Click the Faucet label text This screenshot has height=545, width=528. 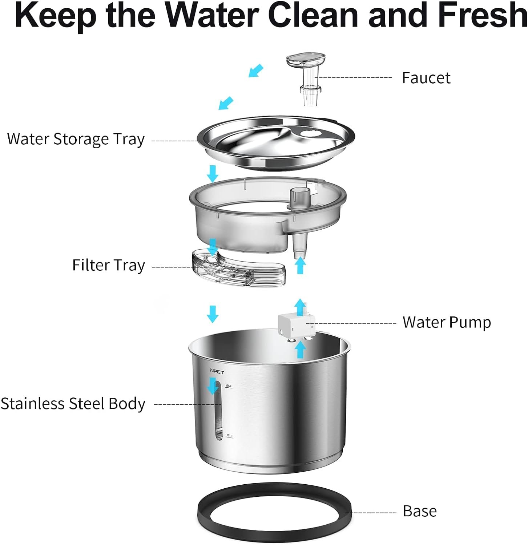(426, 78)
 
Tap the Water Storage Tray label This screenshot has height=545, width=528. (76, 139)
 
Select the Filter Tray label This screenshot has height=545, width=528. (108, 266)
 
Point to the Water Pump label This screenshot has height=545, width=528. (447, 322)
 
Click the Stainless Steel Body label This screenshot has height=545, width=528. (73, 404)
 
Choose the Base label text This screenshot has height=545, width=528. (420, 511)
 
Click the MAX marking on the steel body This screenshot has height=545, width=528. (229, 385)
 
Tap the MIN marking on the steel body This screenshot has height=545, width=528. (229, 435)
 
